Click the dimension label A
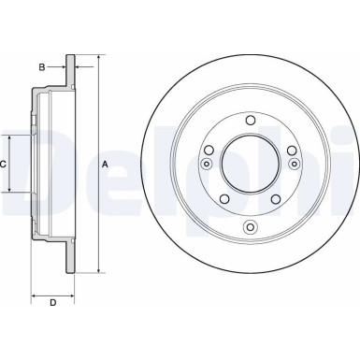coord(105,165)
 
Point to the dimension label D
coord(53,301)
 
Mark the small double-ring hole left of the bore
coord(206,165)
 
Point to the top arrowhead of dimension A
coord(96,57)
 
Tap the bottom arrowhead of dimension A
coord(96,272)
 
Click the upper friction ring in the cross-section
coord(69,75)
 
